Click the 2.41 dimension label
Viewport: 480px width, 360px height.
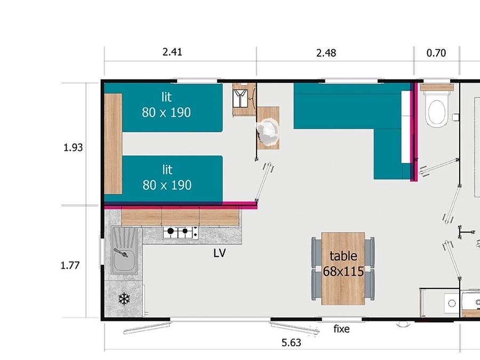click(172, 52)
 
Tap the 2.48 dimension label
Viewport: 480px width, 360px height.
click(326, 53)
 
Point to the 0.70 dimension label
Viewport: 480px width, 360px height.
click(436, 53)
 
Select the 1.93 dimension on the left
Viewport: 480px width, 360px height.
click(73, 148)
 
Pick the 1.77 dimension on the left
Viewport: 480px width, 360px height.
click(70, 266)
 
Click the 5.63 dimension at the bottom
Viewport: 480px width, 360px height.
click(291, 342)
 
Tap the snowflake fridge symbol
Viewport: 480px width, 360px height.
click(124, 299)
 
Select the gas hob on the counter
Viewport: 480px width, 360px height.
click(180, 233)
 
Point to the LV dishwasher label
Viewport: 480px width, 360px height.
click(220, 253)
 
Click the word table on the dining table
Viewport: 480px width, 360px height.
click(343, 256)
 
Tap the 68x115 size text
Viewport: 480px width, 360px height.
click(343, 271)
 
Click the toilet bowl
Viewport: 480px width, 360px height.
click(436, 112)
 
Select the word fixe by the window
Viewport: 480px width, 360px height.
click(341, 329)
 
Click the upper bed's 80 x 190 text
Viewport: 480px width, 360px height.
click(166, 113)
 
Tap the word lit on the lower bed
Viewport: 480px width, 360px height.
click(167, 170)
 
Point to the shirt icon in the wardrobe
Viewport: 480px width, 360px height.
click(240, 98)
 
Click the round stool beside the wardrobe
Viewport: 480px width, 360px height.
click(268, 132)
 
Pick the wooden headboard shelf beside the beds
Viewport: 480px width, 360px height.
click(113, 143)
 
